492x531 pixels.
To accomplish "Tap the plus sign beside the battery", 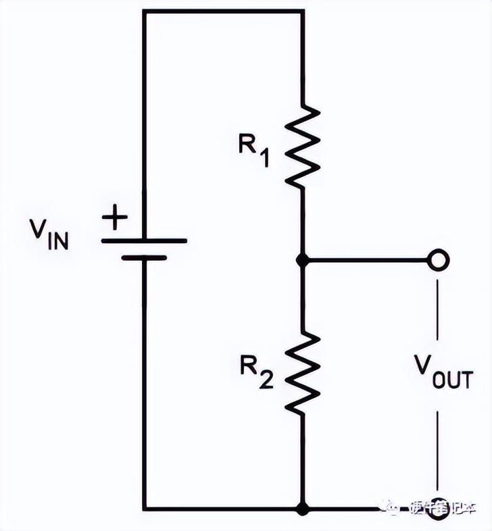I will click(x=115, y=218).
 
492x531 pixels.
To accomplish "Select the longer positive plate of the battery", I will click(x=144, y=241).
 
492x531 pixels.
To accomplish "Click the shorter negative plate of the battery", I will click(x=144, y=257).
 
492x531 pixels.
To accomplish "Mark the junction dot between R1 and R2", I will click(x=302, y=259).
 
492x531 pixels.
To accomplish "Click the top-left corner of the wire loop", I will click(x=144, y=11).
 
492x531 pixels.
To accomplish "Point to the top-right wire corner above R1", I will click(x=302, y=11).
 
